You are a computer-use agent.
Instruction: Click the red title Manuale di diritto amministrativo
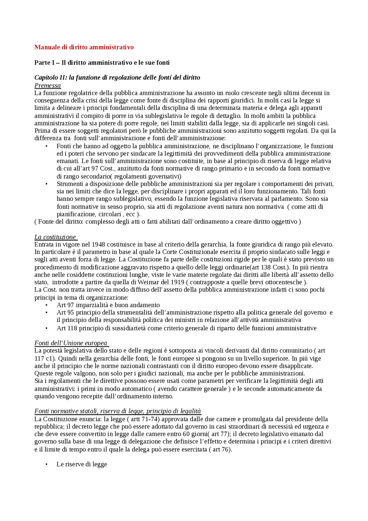[x=84, y=47]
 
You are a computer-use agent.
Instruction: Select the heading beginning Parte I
[x=102, y=63]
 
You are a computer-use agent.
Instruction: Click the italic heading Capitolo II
[x=117, y=78]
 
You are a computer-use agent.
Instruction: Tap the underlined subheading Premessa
[x=47, y=85]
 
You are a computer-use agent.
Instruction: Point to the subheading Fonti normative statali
[x=117, y=411]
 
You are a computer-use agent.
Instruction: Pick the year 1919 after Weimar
[x=177, y=282]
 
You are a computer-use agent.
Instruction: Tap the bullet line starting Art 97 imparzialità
[x=108, y=305]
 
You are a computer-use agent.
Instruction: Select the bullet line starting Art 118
[x=186, y=328]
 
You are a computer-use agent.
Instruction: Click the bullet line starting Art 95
[x=194, y=312]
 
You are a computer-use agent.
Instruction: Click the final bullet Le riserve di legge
[x=82, y=464]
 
